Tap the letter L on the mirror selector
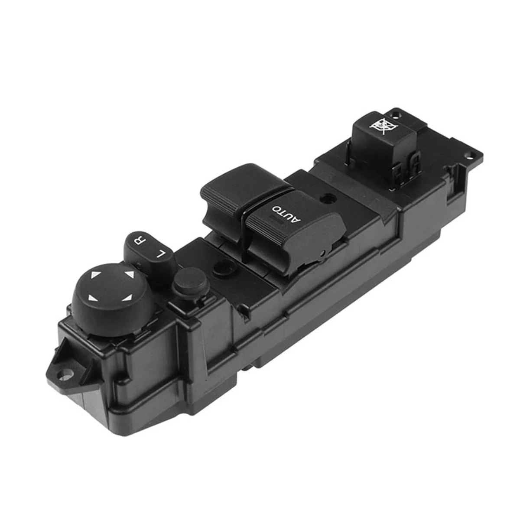[162, 253]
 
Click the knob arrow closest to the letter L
[129, 274]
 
